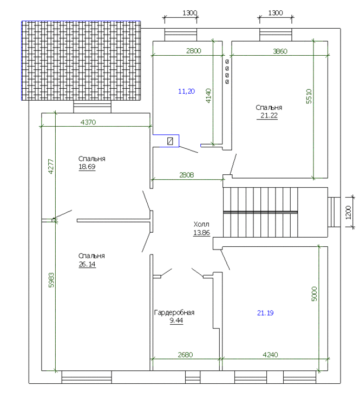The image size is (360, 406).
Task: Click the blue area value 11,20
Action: click(x=186, y=91)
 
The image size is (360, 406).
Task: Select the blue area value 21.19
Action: click(x=265, y=313)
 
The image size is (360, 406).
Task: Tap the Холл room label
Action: click(x=201, y=224)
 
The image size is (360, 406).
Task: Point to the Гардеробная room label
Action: click(x=174, y=312)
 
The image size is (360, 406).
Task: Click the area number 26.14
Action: click(x=87, y=264)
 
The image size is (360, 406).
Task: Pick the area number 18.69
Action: click(x=87, y=167)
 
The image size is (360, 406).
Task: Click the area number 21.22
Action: click(x=269, y=115)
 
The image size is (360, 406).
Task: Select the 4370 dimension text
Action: click(x=88, y=122)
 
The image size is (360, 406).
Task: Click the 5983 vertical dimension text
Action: click(x=51, y=280)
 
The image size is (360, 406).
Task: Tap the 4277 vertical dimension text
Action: click(x=51, y=167)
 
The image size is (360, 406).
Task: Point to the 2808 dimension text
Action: click(x=186, y=175)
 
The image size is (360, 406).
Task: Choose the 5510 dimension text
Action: click(x=309, y=96)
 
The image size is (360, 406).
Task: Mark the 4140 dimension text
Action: click(x=208, y=96)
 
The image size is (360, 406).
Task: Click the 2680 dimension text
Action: click(x=185, y=355)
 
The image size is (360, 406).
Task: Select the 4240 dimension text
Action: click(x=270, y=355)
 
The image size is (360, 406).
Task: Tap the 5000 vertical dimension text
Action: click(x=314, y=294)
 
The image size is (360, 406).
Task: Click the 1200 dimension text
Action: click(x=348, y=213)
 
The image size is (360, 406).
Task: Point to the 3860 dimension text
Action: click(x=280, y=51)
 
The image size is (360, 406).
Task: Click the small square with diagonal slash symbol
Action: click(x=170, y=141)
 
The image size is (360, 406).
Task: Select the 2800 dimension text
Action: click(x=193, y=51)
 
